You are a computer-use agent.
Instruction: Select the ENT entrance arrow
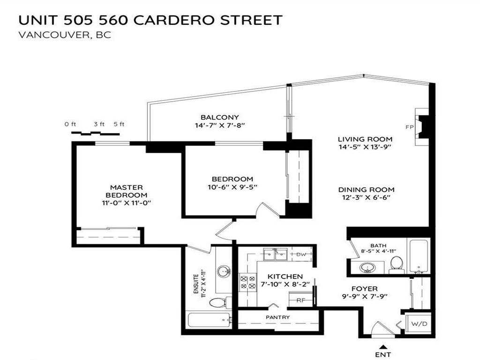[383, 347]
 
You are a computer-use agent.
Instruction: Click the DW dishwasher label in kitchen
[301, 255]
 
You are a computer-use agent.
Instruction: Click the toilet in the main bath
[397, 264]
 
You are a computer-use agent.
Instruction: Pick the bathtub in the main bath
[418, 256]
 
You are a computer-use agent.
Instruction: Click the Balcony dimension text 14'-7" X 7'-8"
[220, 126]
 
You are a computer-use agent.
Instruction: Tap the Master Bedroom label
[126, 191]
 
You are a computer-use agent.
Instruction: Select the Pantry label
[277, 317]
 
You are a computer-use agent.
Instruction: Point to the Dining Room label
[366, 189]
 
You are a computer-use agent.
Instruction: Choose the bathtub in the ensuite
[209, 321]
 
